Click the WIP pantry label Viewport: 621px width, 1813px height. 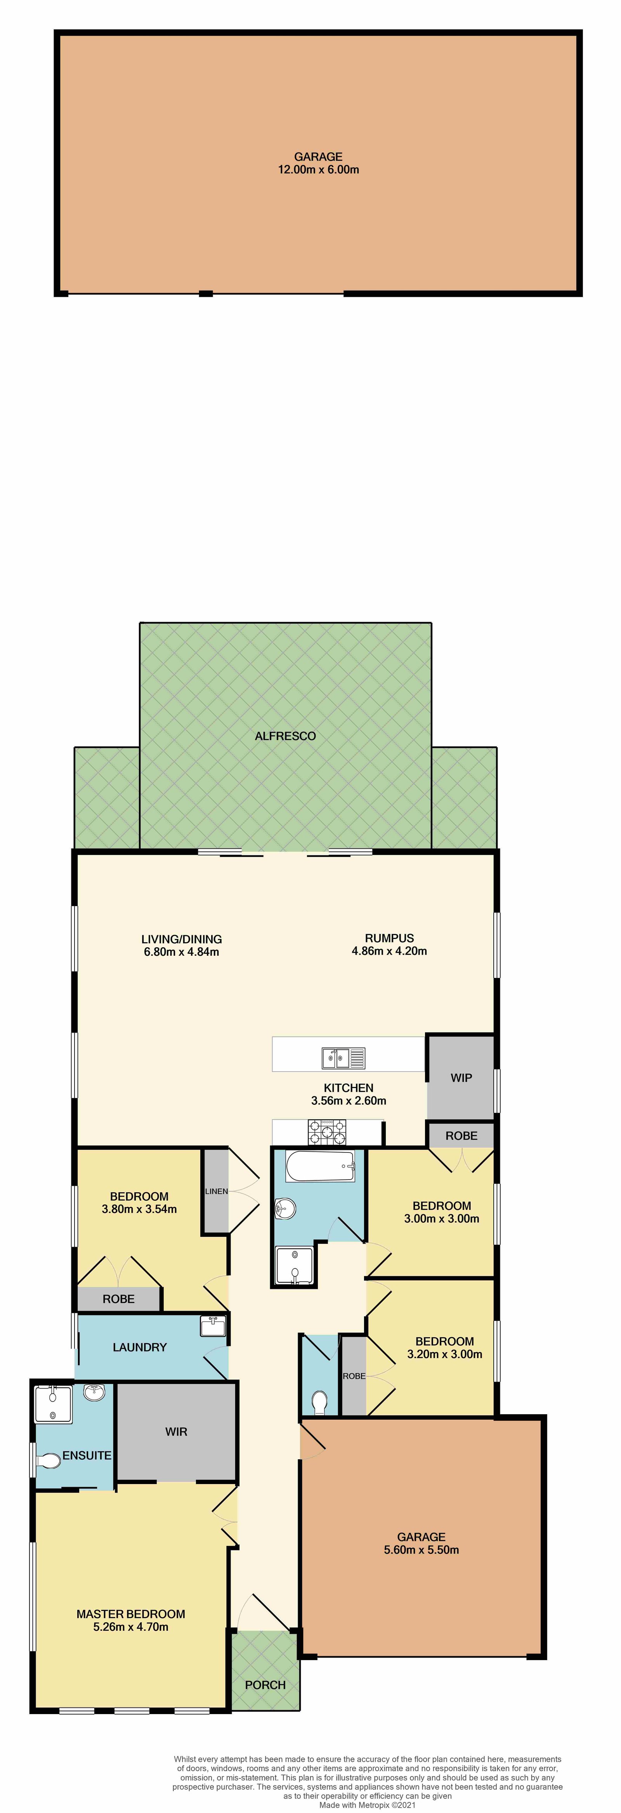(461, 1078)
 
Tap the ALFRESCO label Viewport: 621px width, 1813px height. (285, 736)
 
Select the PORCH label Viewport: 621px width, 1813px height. (265, 1685)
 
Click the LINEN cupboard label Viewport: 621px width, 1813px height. (216, 1192)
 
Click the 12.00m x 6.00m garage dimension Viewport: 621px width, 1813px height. (318, 170)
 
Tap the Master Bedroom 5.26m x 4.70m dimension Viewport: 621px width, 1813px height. (131, 1627)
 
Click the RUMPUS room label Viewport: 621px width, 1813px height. (389, 938)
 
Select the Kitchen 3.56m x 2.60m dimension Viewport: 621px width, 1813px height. (349, 1101)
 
